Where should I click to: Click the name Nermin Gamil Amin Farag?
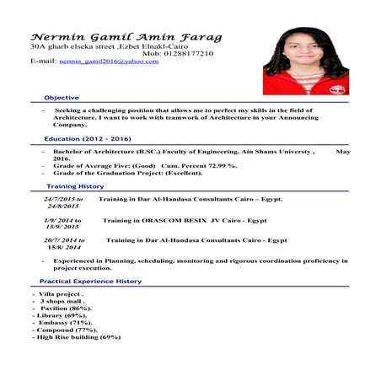pyautogui.click(x=126, y=38)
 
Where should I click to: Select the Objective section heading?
pyautogui.click(x=62, y=98)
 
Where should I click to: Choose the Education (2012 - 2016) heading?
pyautogui.click(x=88, y=138)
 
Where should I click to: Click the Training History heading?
pyautogui.click(x=75, y=185)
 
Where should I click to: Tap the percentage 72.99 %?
pyautogui.click(x=221, y=165)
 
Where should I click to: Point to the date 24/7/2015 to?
pyautogui.click(x=63, y=199)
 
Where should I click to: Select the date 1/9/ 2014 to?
pyautogui.click(x=62, y=220)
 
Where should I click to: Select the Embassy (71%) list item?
pyautogui.click(x=62, y=323)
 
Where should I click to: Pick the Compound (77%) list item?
pyautogui.click(x=66, y=330)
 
